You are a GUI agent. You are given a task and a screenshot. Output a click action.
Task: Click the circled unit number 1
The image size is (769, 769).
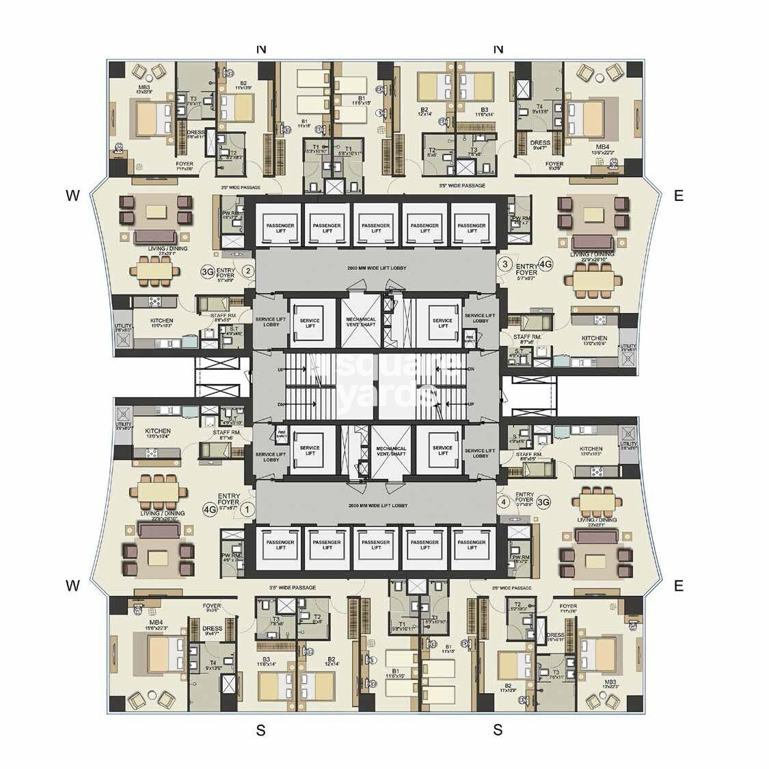point(249,509)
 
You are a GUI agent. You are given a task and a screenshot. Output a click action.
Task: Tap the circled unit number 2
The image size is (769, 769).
point(249,271)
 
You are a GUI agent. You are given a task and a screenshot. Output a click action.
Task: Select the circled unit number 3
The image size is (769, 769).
point(505,264)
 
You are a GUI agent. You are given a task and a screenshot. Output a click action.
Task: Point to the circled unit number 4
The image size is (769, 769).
point(504,502)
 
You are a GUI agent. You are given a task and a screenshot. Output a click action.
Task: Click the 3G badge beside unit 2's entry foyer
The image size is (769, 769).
point(208,271)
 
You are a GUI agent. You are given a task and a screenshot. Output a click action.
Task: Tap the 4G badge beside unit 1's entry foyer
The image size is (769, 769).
point(209,509)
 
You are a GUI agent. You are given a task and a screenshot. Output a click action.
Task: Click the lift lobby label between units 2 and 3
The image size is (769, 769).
point(377,267)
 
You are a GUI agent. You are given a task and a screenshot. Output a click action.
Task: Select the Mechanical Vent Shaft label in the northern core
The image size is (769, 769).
point(361,321)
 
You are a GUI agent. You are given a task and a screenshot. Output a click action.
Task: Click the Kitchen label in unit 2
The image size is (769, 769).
point(162,321)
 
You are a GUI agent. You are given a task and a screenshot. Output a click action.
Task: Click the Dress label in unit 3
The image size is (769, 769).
point(540,144)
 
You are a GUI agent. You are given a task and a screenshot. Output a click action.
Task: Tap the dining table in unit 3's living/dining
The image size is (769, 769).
point(593,279)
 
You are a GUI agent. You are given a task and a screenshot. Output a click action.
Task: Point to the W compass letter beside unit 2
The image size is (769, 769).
point(73,195)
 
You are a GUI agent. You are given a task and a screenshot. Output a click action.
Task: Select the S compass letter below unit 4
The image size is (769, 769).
point(498,730)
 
